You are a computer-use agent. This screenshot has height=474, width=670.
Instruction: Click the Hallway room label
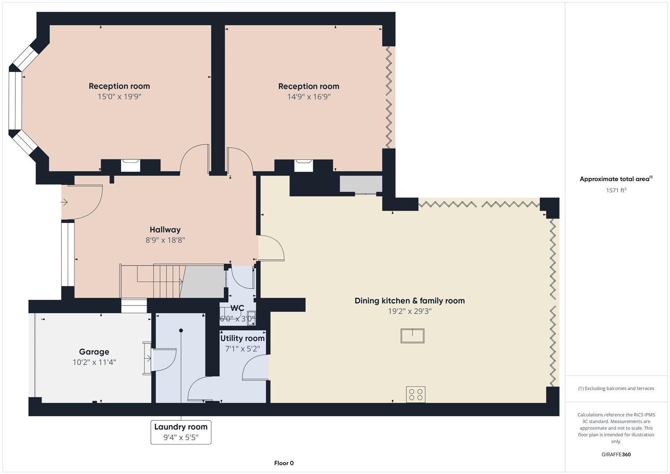[165, 230]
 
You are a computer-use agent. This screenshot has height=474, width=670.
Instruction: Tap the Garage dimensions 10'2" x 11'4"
[94, 363]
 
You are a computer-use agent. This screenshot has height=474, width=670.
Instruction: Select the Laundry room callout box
[181, 432]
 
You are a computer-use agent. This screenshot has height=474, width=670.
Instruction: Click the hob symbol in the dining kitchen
[415, 394]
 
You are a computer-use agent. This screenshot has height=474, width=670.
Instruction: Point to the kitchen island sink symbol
[412, 336]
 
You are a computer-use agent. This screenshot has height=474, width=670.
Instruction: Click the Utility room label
[242, 338]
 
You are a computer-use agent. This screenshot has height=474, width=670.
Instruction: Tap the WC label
[237, 308]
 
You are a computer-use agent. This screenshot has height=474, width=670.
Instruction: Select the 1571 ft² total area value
[616, 190]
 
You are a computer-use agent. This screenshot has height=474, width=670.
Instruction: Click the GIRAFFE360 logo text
[616, 455]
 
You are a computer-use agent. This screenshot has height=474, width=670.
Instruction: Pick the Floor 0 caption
[283, 463]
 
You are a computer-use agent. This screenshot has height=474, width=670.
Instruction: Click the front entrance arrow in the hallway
[64, 202]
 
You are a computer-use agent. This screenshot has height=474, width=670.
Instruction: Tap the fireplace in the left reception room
[130, 165]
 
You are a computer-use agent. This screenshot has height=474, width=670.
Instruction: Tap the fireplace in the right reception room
[304, 165]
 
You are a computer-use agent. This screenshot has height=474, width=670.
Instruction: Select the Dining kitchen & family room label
[409, 301]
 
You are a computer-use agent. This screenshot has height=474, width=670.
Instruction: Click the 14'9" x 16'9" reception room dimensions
[308, 97]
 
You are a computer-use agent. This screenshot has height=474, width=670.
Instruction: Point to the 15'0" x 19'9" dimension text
[119, 97]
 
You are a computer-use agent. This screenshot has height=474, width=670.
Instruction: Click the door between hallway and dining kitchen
[271, 249]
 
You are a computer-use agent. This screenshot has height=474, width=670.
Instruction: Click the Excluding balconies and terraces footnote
[616, 388]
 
